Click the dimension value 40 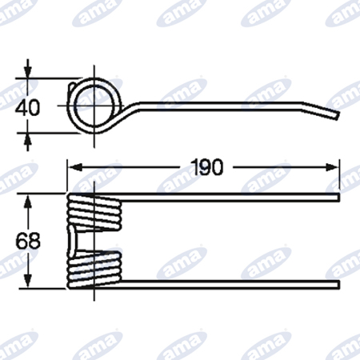(27, 107)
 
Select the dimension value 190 (207, 167)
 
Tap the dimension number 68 (28, 241)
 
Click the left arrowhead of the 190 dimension (74, 168)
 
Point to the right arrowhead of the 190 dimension (332, 168)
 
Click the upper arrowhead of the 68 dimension (28, 201)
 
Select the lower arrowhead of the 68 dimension (28, 281)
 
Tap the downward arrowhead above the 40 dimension (27, 71)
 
